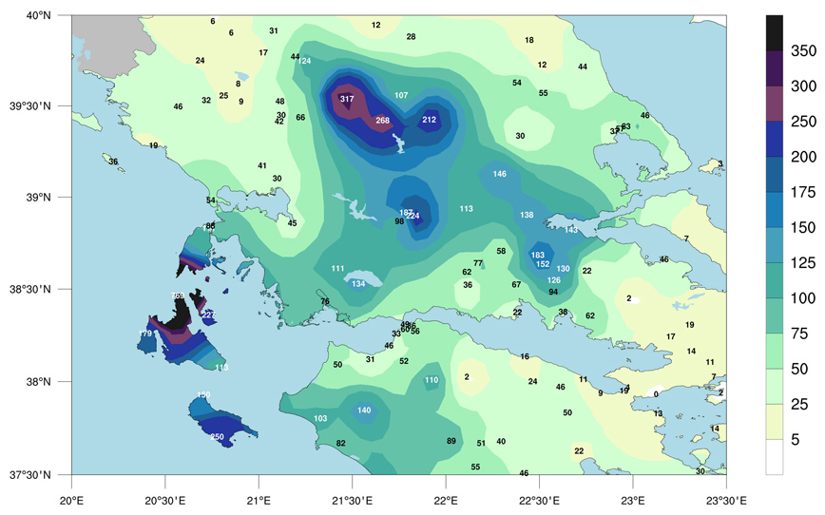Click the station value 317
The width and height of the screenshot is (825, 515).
pyautogui.click(x=347, y=99)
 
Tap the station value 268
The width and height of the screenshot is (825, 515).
pyautogui.click(x=382, y=121)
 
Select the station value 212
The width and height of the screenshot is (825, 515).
pyautogui.click(x=429, y=120)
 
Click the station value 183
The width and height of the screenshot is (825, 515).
pyautogui.click(x=538, y=255)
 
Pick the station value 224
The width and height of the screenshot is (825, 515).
pyautogui.click(x=412, y=216)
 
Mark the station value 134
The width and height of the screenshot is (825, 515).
pyautogui.click(x=358, y=283)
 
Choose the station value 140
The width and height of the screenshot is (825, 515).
pyautogui.click(x=364, y=410)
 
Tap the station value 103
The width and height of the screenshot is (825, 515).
pyautogui.click(x=320, y=418)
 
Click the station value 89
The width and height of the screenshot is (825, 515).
pyautogui.click(x=451, y=441)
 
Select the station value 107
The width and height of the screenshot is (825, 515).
pyautogui.click(x=401, y=95)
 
